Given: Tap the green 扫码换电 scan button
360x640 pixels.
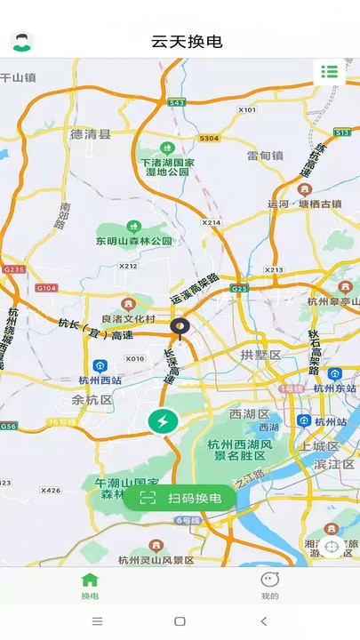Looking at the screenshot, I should tap(180, 498).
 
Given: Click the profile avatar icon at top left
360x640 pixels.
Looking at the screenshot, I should tap(21, 42).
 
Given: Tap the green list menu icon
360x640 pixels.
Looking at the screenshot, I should tap(329, 72).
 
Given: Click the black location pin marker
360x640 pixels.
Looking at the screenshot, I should tap(180, 329).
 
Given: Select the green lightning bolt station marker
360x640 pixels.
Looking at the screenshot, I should tap(163, 422).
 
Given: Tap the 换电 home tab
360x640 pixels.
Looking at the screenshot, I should tap(90, 586).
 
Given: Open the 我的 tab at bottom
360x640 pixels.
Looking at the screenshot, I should tap(270, 586).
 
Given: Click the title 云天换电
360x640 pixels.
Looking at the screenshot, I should tap(187, 42).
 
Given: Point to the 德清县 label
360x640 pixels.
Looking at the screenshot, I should tap(92, 134).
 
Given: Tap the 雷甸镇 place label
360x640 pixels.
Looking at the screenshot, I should tap(264, 155).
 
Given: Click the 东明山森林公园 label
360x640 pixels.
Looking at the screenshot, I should tap(133, 240).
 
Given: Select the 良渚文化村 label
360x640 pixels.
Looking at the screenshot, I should tap(128, 318).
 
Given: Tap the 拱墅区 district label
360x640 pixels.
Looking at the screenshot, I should tap(260, 355).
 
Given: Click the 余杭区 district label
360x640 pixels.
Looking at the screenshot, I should tap(92, 400).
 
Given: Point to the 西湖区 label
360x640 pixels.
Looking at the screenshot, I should tap(249, 414).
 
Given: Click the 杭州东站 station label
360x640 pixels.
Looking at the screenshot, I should tap(334, 388).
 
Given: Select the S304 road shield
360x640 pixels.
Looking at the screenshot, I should tap(209, 138).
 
